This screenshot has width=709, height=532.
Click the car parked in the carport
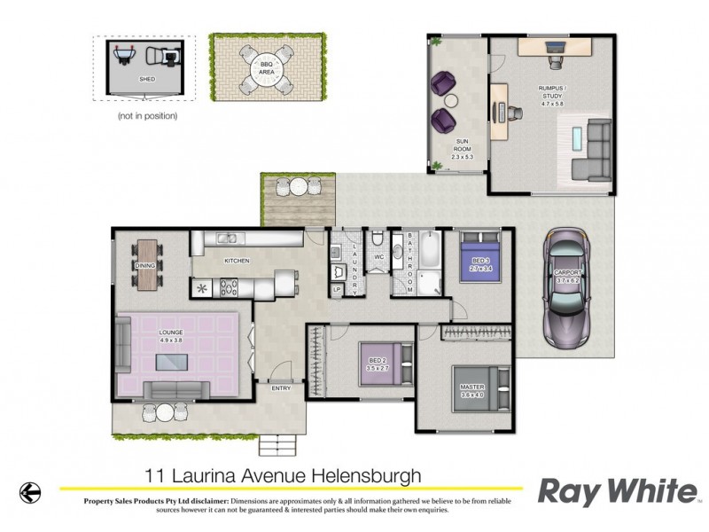pos(567,289)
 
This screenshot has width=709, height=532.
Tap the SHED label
pos(147,80)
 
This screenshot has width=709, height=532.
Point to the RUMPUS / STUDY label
pos(552,91)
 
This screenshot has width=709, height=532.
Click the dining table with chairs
pos(148,263)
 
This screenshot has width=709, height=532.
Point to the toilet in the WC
pos(378,239)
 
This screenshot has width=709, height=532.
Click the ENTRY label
pos(281,387)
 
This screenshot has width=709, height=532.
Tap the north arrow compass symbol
pos(31,489)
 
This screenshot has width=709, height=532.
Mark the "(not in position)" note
pos(147,115)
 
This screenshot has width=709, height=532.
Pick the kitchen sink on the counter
pos(228,238)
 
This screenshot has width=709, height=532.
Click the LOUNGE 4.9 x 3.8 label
pos(171,335)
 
